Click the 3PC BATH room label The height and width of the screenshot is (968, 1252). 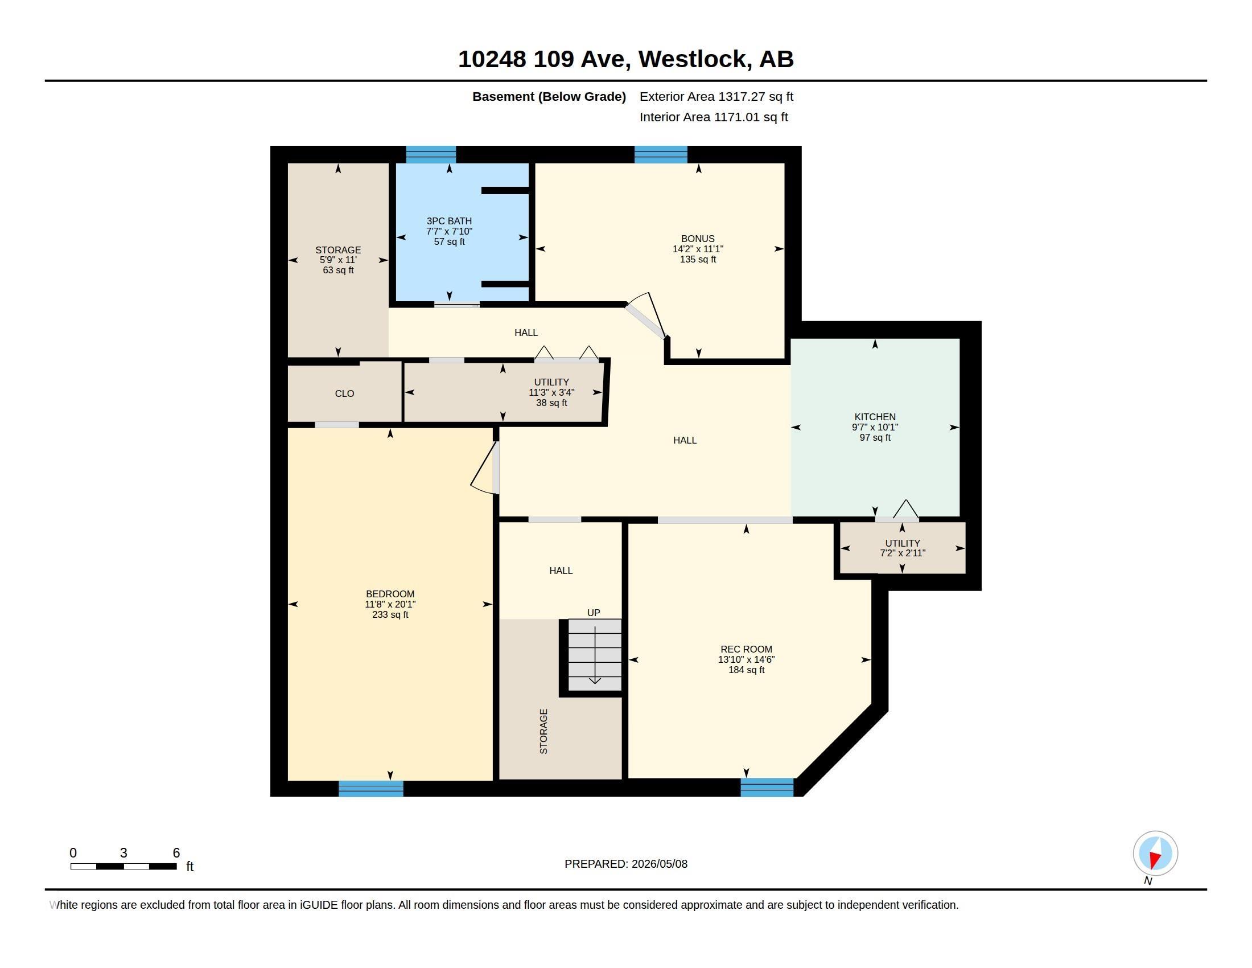pos(449,221)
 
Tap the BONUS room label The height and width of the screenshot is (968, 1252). pos(698,239)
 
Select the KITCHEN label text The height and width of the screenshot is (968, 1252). pos(875,417)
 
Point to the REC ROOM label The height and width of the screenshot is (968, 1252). pos(747,649)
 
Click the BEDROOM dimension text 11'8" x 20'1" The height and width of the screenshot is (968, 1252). pos(390,604)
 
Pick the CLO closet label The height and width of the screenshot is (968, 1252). pos(344,393)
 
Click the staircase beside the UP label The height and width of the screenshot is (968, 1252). pos(595,655)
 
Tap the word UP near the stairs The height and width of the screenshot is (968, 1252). pos(594,613)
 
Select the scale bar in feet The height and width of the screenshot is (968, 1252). pos(123,866)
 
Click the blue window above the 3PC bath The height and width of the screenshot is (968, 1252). pos(431,154)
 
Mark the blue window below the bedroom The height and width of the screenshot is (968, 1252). pos(371,789)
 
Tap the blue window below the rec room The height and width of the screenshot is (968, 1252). pos(767,787)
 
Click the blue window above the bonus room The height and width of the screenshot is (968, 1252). pos(661,154)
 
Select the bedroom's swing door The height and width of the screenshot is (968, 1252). pos(485,467)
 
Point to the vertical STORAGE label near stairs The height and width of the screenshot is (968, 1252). pos(543,731)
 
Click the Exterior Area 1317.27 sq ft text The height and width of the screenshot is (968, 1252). pos(716,96)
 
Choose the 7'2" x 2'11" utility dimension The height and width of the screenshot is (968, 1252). pos(903,553)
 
